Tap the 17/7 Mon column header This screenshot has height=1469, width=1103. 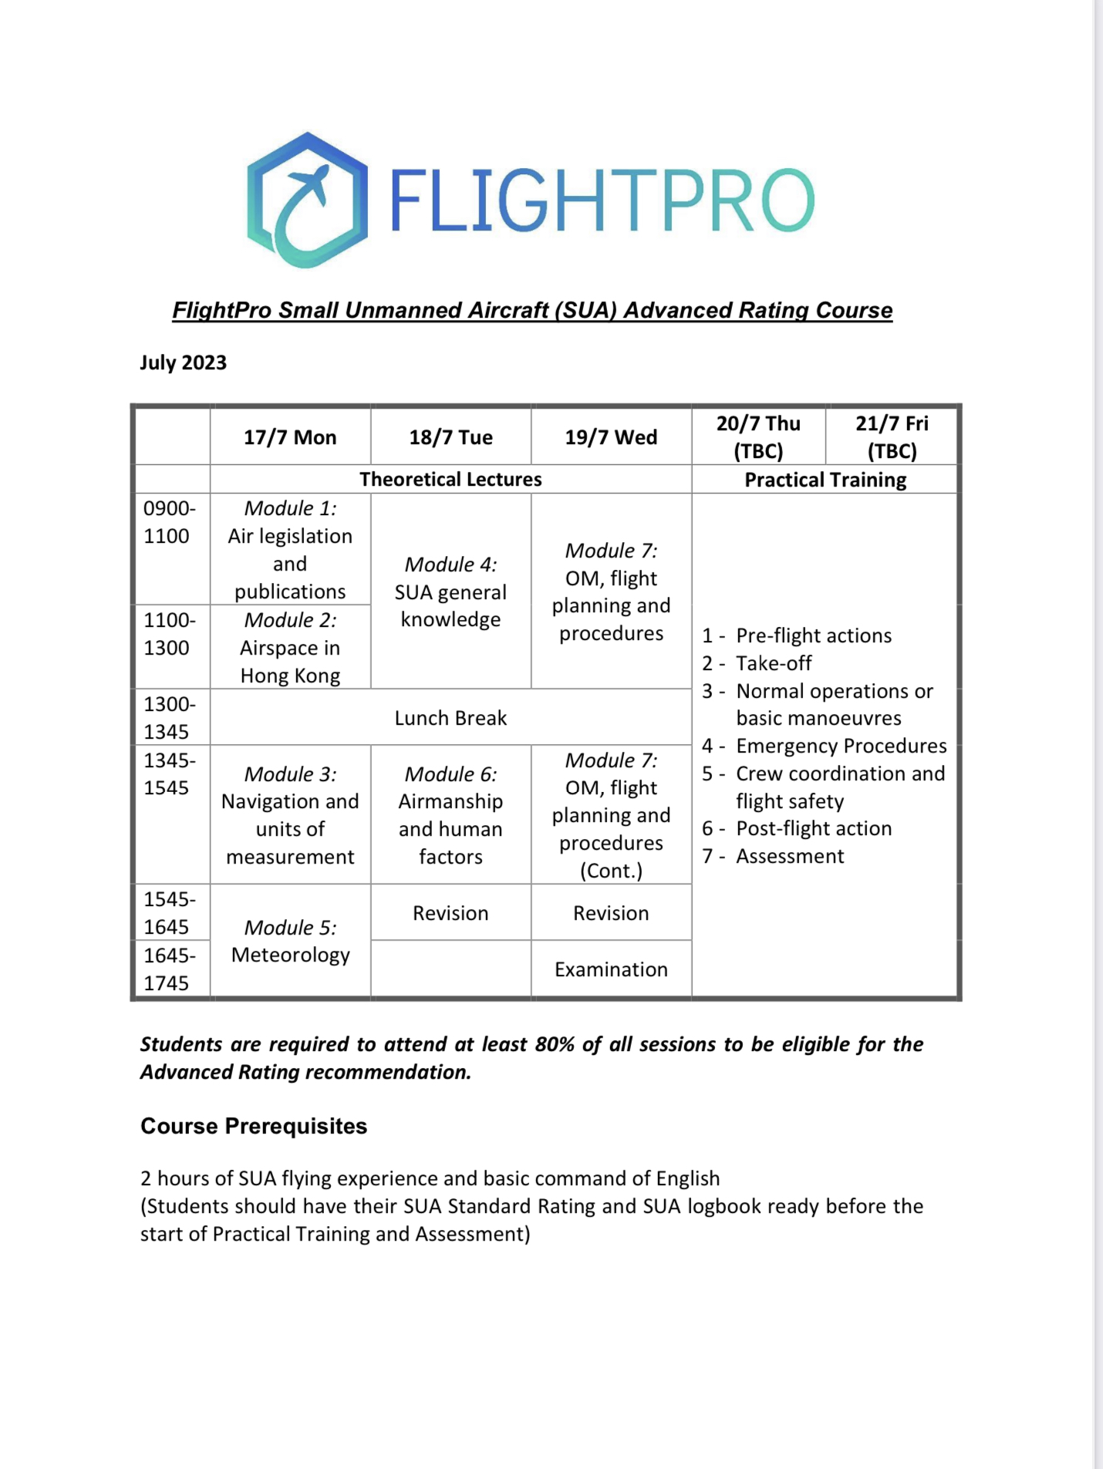(290, 437)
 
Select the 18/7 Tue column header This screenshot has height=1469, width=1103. (450, 437)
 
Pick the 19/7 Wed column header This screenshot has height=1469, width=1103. (611, 437)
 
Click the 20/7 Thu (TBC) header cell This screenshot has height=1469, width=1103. (758, 436)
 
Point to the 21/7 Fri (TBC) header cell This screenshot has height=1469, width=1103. (892, 436)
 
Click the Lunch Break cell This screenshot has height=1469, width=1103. (450, 718)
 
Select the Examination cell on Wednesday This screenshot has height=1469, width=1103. (611, 969)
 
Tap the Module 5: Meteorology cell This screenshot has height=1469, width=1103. (290, 941)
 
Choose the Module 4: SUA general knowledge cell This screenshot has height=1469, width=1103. (450, 591)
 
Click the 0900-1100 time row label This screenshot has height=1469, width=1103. (169, 522)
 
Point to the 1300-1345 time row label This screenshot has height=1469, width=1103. (169, 717)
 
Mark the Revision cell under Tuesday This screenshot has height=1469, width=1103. (450, 913)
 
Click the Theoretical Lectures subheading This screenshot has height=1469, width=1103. (450, 479)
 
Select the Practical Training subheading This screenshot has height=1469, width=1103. (825, 480)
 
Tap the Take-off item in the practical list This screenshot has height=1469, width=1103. (774, 663)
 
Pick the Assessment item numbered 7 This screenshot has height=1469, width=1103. (790, 856)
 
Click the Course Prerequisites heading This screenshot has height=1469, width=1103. (254, 1126)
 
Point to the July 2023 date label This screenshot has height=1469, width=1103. (184, 362)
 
